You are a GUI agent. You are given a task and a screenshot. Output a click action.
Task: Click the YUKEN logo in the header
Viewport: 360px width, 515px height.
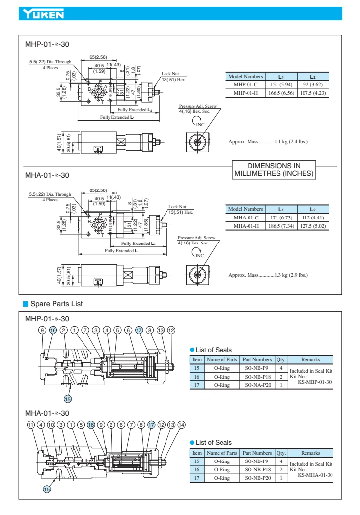41,14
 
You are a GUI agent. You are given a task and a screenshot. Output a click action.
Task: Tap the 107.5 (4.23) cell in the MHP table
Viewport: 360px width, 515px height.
312,93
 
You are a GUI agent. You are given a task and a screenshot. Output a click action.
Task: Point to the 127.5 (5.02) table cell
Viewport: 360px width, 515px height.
312,226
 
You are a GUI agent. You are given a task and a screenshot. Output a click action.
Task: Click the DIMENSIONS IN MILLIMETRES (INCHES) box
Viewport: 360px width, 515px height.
274,169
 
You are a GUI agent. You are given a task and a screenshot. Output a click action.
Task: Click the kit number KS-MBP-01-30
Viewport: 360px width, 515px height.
315,382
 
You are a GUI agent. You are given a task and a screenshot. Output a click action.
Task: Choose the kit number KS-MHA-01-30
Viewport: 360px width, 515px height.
315,475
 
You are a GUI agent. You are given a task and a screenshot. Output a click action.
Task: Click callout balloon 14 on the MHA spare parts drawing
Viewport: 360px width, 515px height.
181,424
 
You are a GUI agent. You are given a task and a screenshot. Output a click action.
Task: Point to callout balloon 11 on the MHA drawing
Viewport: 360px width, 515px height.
30,424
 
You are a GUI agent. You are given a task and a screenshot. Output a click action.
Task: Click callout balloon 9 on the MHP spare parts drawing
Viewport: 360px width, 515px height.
43,330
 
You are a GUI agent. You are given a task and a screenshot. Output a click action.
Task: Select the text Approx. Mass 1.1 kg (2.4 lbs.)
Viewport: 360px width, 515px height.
268,142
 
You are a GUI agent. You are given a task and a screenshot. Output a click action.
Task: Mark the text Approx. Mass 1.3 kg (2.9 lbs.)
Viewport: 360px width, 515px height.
268,275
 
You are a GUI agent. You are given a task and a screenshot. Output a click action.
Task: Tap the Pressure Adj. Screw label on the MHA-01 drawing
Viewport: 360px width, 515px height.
196,238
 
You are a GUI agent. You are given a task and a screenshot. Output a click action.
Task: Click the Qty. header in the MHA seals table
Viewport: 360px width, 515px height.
281,453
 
